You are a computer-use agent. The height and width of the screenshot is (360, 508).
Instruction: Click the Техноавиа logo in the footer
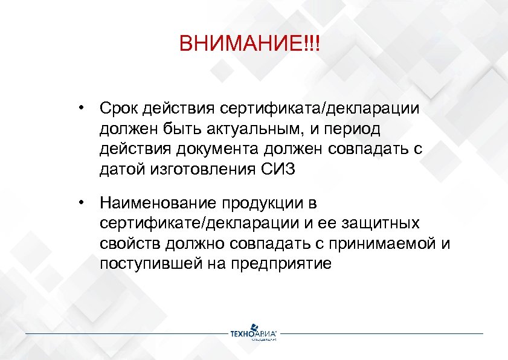[253, 334]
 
